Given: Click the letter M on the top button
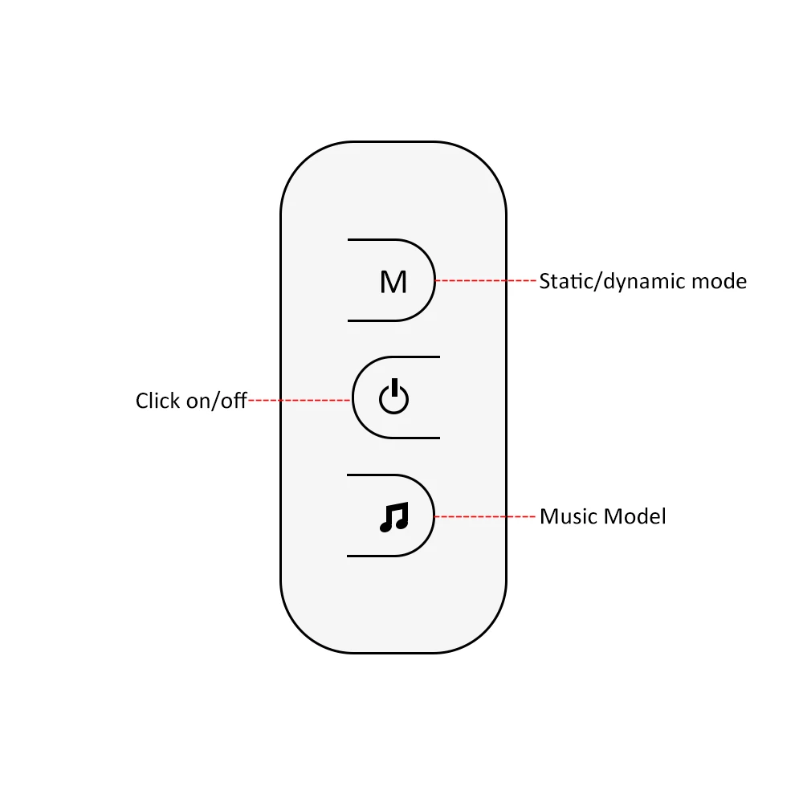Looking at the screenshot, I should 393,282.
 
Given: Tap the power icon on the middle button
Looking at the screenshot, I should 393,398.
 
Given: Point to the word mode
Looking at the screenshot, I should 719,282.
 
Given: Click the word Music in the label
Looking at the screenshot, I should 569,516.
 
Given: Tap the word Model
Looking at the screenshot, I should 636,516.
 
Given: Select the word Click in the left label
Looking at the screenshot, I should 158,400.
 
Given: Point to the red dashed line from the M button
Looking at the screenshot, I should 486,281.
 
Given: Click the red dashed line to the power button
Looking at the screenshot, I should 299,399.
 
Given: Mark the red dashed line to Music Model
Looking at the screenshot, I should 486,516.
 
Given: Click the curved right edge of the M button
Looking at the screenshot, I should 434,280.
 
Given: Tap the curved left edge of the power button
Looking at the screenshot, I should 353,397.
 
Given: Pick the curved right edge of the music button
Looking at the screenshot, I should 434,515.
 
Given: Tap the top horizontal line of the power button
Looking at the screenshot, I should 414,357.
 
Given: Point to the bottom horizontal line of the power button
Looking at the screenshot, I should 414,438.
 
